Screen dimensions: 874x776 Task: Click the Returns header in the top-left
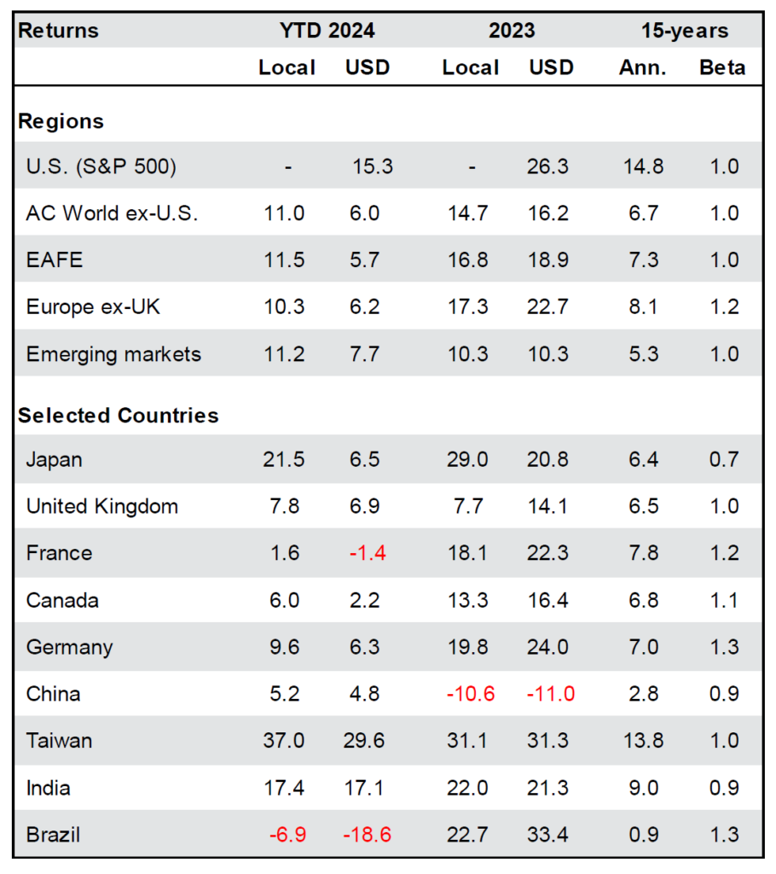click(x=58, y=31)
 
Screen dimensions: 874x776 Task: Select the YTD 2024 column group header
click(x=327, y=31)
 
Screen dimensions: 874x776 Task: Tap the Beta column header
click(x=721, y=67)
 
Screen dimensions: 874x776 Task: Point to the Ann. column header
click(x=641, y=67)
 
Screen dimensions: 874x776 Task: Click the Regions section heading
click(x=61, y=121)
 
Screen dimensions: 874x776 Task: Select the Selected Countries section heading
click(x=119, y=416)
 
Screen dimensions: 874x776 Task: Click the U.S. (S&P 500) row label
click(x=101, y=166)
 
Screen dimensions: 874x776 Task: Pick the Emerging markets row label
click(x=113, y=354)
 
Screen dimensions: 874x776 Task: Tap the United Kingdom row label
click(x=102, y=506)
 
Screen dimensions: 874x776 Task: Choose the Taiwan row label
click(x=59, y=740)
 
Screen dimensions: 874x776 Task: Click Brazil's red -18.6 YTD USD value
click(x=368, y=834)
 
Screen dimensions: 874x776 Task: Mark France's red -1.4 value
click(x=368, y=553)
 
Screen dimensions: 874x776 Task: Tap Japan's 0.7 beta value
click(x=724, y=460)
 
